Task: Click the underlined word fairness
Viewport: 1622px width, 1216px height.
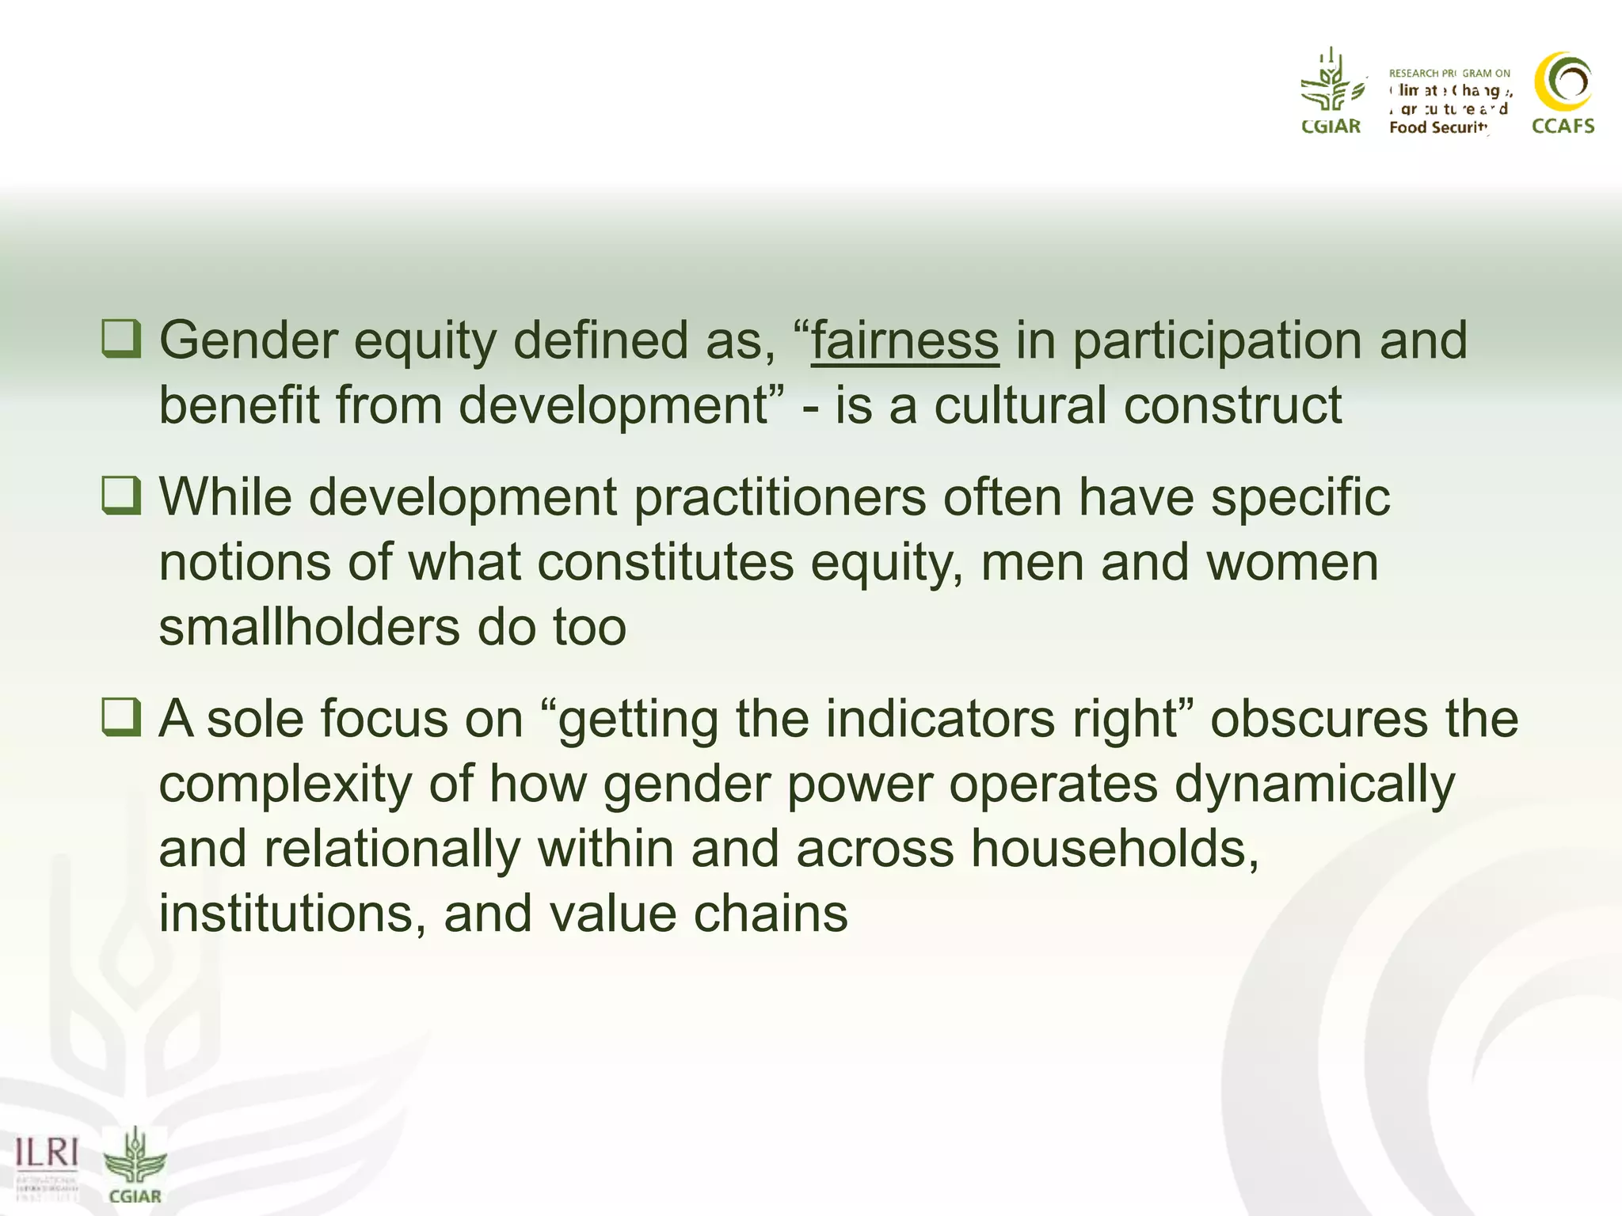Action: [x=904, y=340]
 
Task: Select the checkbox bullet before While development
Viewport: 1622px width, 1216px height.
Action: [x=122, y=496]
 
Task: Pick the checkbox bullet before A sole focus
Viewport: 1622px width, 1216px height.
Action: [x=122, y=717]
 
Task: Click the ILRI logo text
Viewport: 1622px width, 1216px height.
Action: [x=48, y=1153]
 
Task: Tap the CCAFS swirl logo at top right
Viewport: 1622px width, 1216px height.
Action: [x=1563, y=82]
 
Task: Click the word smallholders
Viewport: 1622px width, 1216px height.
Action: [x=309, y=627]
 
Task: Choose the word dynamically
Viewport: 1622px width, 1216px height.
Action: [x=1314, y=784]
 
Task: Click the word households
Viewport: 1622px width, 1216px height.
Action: [x=1115, y=849]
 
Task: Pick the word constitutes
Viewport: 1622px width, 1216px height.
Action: [x=665, y=562]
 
